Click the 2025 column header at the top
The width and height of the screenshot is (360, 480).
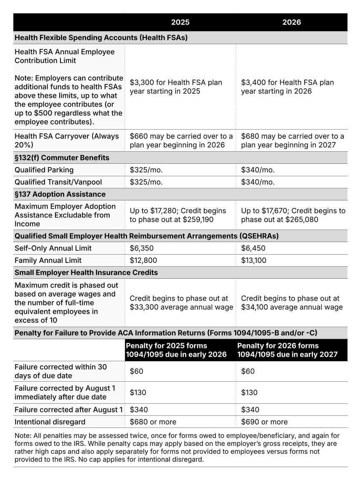point(180,22)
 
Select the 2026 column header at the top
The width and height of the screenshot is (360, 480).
point(291,22)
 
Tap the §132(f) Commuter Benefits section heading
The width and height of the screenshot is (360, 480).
point(62,157)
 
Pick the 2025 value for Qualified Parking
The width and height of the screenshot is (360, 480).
point(146,170)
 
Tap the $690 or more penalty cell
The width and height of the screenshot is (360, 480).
point(264,422)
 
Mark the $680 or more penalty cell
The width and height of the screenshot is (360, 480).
point(153,422)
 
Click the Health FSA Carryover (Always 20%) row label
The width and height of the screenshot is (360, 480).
point(67,140)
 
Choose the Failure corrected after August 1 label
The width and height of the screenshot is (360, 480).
point(68,410)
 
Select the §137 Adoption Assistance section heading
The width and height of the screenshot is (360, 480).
point(60,194)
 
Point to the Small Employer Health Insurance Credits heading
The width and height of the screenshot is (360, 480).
point(86,272)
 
